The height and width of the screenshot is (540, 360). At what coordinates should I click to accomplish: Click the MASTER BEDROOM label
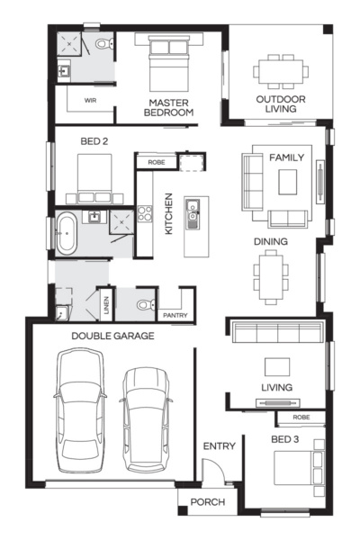click(169, 108)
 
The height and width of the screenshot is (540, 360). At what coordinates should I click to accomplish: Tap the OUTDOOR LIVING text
click(281, 103)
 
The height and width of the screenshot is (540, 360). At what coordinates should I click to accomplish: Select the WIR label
click(90, 101)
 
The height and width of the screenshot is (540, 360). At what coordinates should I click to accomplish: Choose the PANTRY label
click(174, 316)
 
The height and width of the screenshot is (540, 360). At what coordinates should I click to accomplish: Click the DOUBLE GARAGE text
click(114, 336)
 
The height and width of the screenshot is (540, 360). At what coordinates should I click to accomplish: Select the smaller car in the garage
click(145, 418)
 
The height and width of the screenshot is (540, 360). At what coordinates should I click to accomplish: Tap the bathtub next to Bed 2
click(67, 232)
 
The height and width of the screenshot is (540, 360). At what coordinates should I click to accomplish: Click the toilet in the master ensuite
click(103, 43)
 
